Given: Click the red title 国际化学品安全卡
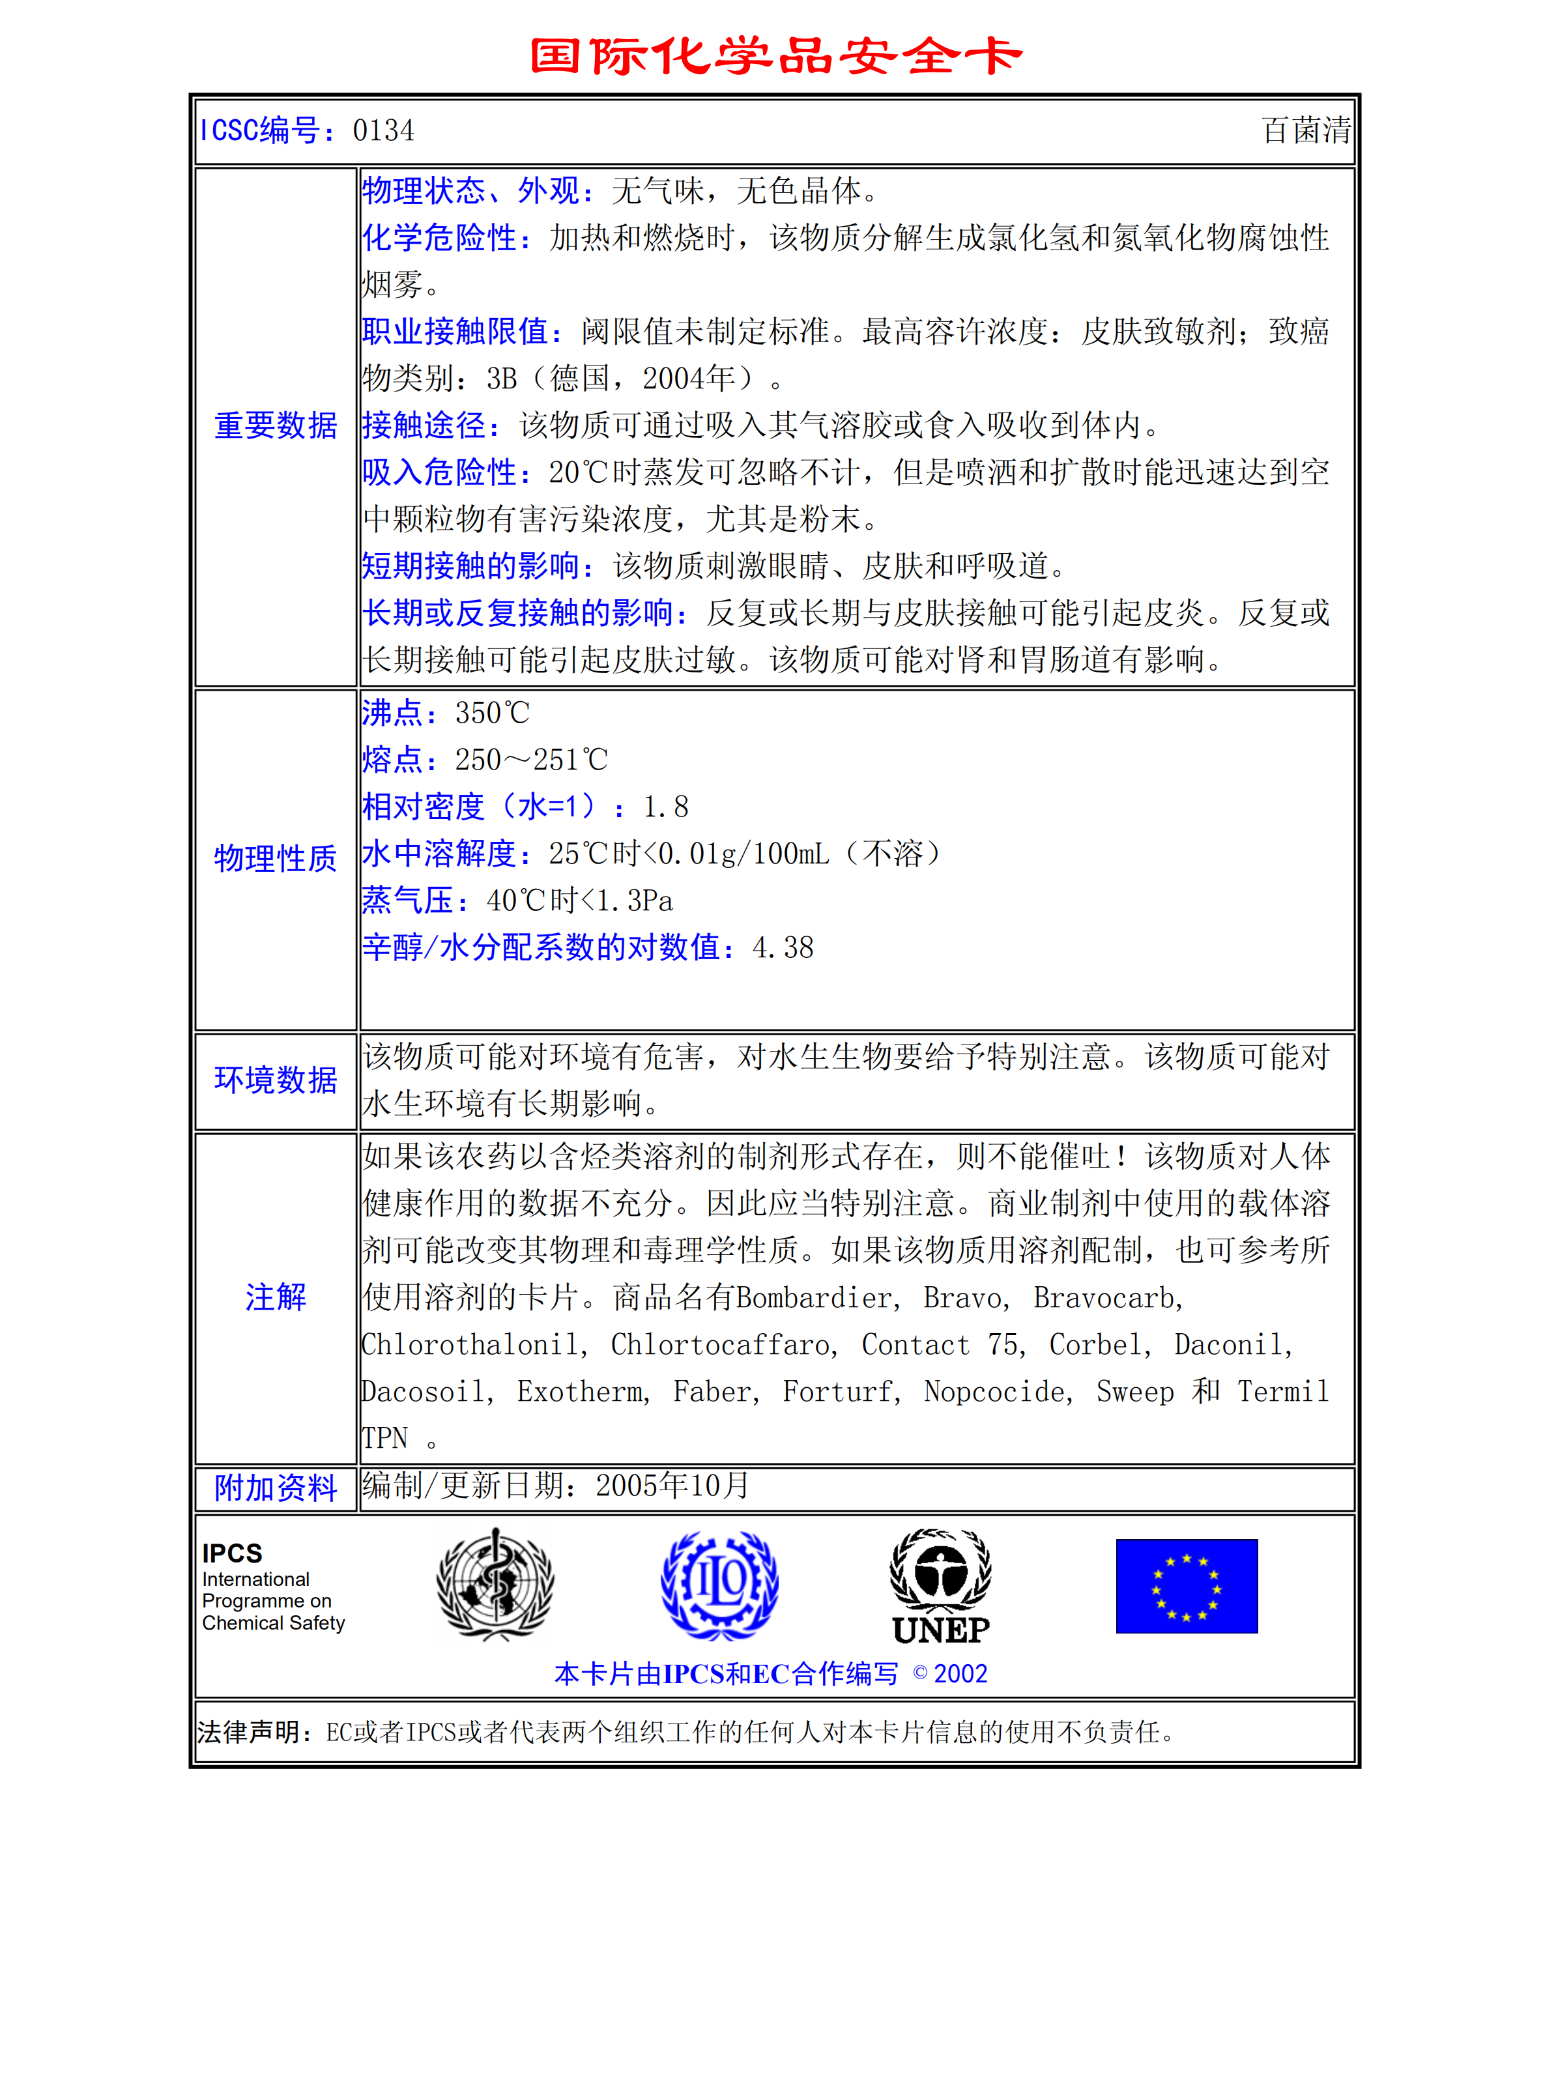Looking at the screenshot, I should [x=775, y=56].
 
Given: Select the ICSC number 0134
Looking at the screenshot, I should [x=383, y=131].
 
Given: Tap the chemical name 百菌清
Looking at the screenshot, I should [x=1306, y=131].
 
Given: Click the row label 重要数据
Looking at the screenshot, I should [x=276, y=426].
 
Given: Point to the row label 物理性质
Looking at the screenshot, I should [x=276, y=858].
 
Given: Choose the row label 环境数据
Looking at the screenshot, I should [x=276, y=1080].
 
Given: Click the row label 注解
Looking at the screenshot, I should [x=276, y=1297].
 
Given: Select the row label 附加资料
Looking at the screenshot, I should [x=276, y=1488].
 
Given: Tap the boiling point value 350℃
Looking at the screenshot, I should [x=492, y=713].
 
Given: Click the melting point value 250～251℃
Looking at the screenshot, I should [x=530, y=760].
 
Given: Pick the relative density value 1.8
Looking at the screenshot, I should [x=665, y=807].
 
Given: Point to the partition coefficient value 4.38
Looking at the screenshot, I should [x=783, y=948].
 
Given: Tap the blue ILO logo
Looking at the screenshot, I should [x=719, y=1585].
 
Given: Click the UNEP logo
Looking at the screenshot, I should [x=940, y=1587].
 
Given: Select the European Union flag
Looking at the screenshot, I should [x=1186, y=1585].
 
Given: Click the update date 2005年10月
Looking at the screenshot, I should [x=672, y=1486].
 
